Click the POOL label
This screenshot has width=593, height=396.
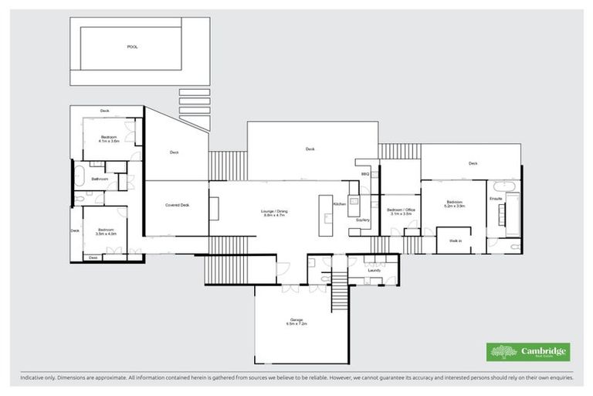coord(132,47)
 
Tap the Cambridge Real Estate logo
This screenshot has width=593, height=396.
coord(528,352)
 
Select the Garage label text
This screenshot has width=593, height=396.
coord(296,319)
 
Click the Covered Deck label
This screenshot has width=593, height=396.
coord(177,205)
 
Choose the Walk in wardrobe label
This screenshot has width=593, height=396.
coord(455,241)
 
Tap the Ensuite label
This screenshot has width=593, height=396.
coord(496,199)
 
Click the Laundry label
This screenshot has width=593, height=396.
coord(374,270)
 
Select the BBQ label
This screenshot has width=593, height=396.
coord(365,174)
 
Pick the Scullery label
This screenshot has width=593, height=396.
coord(363,220)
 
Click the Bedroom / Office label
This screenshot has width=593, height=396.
coord(402,210)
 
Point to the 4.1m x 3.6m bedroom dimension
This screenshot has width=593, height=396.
coord(108,142)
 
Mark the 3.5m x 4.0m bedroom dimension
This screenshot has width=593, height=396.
coord(106,233)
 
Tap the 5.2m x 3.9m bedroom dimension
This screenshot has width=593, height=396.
coord(454,207)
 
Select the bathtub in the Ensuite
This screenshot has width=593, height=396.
coord(503,186)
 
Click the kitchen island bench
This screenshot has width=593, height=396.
coord(325,208)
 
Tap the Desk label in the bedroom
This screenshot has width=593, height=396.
coord(93,257)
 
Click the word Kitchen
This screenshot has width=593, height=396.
coord(339,203)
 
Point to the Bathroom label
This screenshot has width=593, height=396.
coord(99,179)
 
